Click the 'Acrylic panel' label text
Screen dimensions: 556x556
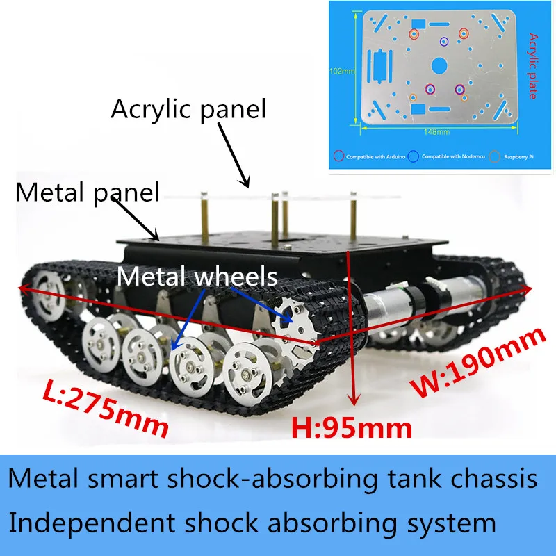[x=188, y=109]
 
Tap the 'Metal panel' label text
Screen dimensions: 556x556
[x=88, y=191]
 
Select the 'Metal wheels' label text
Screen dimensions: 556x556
[x=197, y=277]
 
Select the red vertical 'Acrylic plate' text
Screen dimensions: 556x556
[x=534, y=66]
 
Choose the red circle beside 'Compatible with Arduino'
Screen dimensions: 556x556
[x=339, y=156]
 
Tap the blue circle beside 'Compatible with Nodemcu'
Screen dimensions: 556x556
[x=413, y=156]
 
